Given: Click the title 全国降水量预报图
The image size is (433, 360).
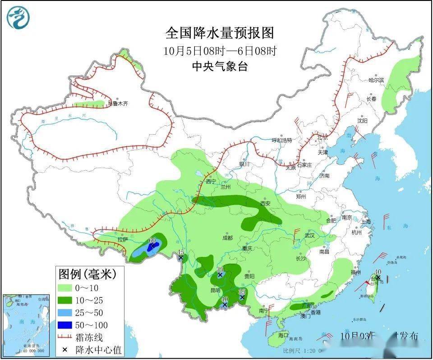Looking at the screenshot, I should click(220, 32).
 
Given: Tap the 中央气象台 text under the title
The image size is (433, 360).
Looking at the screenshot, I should click(220, 66).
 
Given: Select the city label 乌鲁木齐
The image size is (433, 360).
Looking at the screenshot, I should click(118, 104).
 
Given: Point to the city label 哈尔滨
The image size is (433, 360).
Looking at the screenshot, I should click(376, 80).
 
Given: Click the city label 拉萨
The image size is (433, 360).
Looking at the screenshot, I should click(123, 240).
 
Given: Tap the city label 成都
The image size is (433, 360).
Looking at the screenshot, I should click(227, 237).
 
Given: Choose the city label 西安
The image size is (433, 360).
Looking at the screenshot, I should click(265, 204).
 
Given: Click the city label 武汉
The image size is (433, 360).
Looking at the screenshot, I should click(309, 236).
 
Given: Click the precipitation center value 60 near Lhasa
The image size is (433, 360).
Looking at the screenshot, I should click(152, 241).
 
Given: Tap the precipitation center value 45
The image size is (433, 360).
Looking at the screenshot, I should click(181, 252).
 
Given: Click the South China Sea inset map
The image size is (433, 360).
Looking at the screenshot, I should click(25, 324).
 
